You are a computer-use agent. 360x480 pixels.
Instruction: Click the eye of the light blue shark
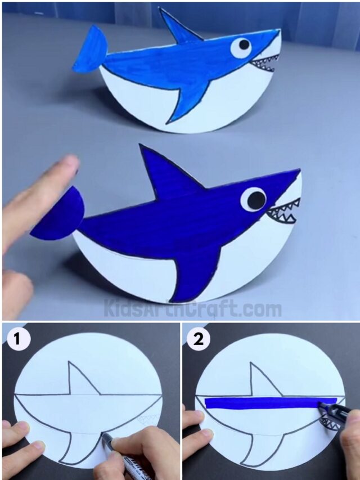[242, 47]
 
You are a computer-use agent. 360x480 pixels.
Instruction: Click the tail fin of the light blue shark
[90, 51]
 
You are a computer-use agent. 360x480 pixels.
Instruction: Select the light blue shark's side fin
[188, 98]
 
